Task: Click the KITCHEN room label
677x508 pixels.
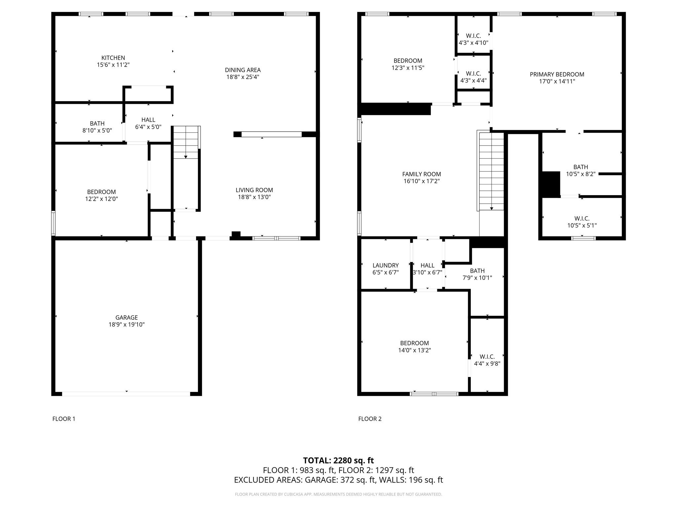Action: pyautogui.click(x=113, y=58)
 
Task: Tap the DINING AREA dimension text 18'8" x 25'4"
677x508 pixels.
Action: pyautogui.click(x=243, y=77)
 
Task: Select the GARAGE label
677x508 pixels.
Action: pyautogui.click(x=126, y=317)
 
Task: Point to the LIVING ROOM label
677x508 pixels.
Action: pyautogui.click(x=254, y=190)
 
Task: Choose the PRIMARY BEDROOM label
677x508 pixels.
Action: pyautogui.click(x=557, y=74)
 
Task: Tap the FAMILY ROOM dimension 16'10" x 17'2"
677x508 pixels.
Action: pyautogui.click(x=421, y=181)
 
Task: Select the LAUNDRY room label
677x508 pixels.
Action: pyautogui.click(x=385, y=265)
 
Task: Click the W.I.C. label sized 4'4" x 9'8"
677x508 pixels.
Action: pyautogui.click(x=487, y=357)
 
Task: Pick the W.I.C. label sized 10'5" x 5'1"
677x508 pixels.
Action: pyautogui.click(x=582, y=219)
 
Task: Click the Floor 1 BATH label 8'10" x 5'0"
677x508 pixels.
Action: pyautogui.click(x=97, y=123)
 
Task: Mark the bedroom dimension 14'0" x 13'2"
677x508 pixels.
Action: pyautogui.click(x=414, y=350)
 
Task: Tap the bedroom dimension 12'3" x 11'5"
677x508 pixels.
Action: pyautogui.click(x=408, y=68)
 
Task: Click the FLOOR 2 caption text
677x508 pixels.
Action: pyautogui.click(x=370, y=419)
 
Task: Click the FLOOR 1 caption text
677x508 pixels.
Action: pyautogui.click(x=64, y=419)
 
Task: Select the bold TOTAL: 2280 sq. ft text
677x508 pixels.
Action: pyautogui.click(x=338, y=460)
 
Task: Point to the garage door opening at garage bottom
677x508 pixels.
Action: pyautogui.click(x=126, y=394)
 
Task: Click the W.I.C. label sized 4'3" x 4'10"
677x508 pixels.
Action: pyautogui.click(x=473, y=36)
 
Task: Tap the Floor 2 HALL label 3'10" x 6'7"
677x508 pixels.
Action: pyautogui.click(x=427, y=265)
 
